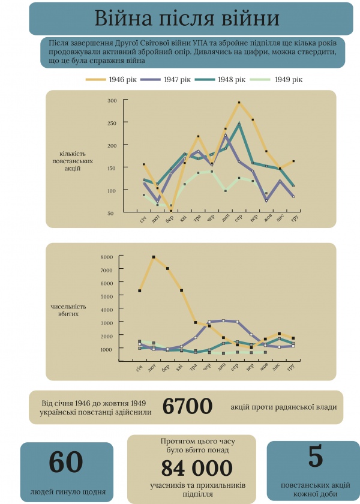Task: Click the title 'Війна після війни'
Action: pyautogui.click(x=187, y=19)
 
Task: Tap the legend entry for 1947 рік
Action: pyautogui.click(x=167, y=79)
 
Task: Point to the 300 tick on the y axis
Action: pyautogui.click(x=112, y=100)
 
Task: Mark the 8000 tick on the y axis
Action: pyautogui.click(x=107, y=257)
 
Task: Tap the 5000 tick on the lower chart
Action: pyautogui.click(x=107, y=296)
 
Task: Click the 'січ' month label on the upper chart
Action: pyautogui.click(x=143, y=221)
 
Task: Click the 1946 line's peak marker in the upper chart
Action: pyautogui.click(x=239, y=103)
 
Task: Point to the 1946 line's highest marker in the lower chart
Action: pyautogui.click(x=154, y=257)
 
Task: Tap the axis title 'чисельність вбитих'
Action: pyautogui.click(x=68, y=310)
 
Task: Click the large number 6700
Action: pyautogui.click(x=187, y=407)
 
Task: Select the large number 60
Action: pyautogui.click(x=66, y=462)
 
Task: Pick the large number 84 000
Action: pyautogui.click(x=196, y=468)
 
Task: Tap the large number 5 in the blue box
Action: pyautogui.click(x=316, y=457)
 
